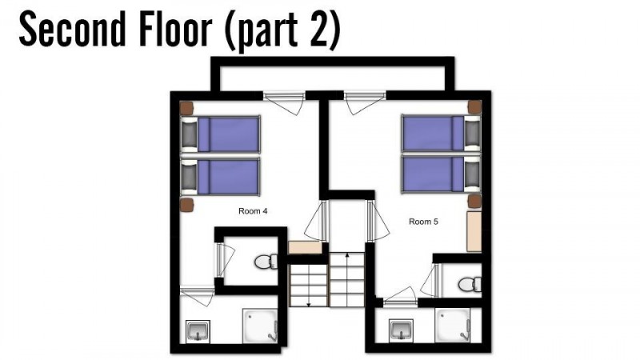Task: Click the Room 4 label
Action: pyautogui.click(x=253, y=211)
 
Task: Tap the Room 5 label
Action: pyautogui.click(x=423, y=222)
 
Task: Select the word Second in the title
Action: pyautogui.click(x=72, y=30)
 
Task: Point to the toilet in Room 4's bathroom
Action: pyautogui.click(x=266, y=262)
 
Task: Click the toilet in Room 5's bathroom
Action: pyautogui.click(x=470, y=284)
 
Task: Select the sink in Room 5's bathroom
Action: pyautogui.click(x=402, y=330)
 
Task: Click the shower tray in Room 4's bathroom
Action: pyautogui.click(x=261, y=326)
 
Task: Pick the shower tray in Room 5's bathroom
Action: pyautogui.click(x=452, y=326)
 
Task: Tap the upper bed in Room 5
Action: pyautogui.click(x=442, y=133)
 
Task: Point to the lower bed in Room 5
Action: pyautogui.click(x=442, y=174)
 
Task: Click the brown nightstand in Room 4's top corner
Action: pyautogui.click(x=186, y=108)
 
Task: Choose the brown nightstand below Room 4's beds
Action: pyautogui.click(x=186, y=205)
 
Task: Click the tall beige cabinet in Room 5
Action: pyautogui.click(x=474, y=231)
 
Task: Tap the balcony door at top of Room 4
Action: pyautogui.click(x=284, y=102)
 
